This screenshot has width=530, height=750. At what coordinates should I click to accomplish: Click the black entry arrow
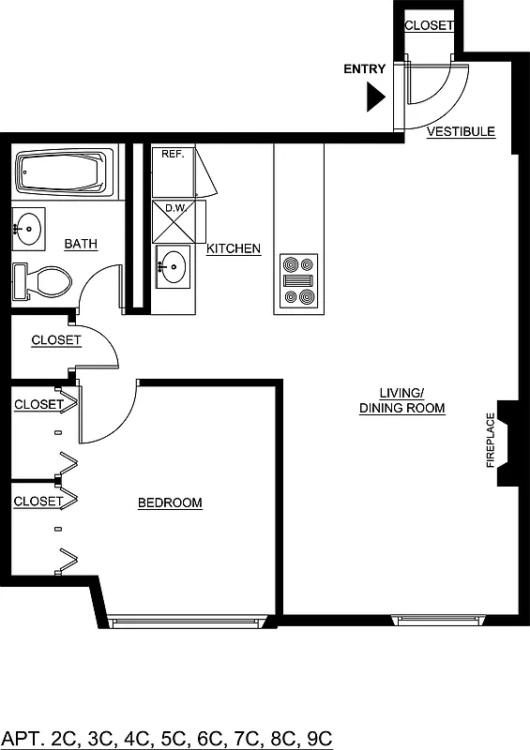(x=376, y=96)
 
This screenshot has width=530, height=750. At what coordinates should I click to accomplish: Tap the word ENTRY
(x=365, y=69)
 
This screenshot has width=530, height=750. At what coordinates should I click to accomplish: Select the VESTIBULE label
(x=461, y=132)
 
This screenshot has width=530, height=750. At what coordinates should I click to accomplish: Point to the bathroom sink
(x=28, y=227)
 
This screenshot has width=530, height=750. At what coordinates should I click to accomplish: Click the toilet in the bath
(x=43, y=281)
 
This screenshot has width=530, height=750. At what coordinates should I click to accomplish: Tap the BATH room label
(x=81, y=245)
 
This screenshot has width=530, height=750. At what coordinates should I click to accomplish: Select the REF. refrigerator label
(x=172, y=154)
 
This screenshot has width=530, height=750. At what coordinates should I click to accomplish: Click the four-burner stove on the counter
(x=300, y=281)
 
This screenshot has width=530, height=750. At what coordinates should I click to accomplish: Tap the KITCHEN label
(x=234, y=249)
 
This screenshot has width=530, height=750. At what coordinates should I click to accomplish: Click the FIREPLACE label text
(x=490, y=441)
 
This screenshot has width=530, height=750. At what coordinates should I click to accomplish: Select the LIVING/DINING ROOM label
(x=401, y=401)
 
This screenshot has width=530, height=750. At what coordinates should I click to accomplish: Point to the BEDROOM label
(x=170, y=503)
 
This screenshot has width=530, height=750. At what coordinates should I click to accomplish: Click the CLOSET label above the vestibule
(x=429, y=26)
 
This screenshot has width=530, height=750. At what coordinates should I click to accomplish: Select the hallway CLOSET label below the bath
(x=56, y=340)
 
